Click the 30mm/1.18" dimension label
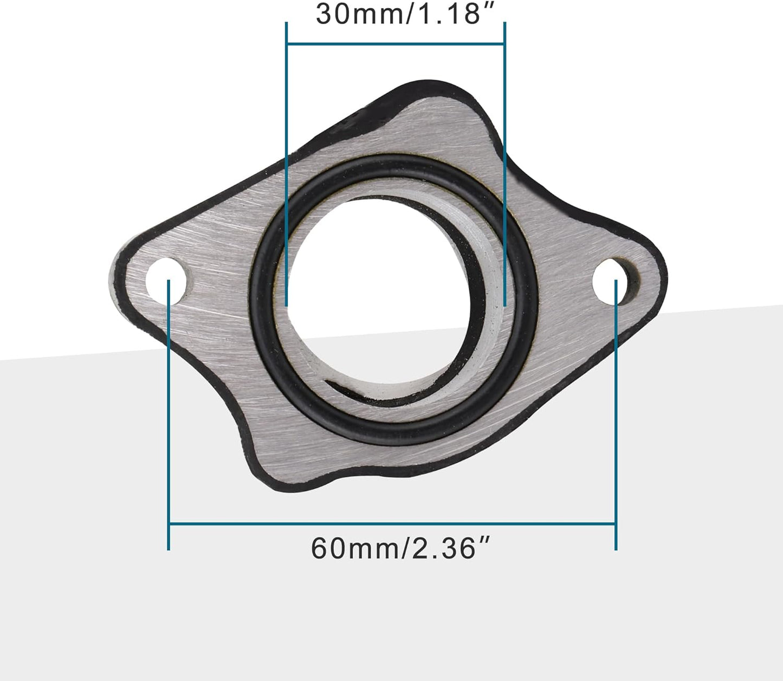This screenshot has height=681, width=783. (399, 14)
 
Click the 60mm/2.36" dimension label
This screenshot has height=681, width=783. (401, 548)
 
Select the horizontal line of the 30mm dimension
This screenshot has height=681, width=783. (396, 43)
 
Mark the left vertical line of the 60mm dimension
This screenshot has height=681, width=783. (169, 433)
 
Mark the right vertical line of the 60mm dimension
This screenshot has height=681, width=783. (616, 433)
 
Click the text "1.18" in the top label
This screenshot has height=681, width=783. (446, 14)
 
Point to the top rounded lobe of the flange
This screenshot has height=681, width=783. (433, 108)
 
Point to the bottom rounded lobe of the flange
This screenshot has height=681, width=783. (287, 466)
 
